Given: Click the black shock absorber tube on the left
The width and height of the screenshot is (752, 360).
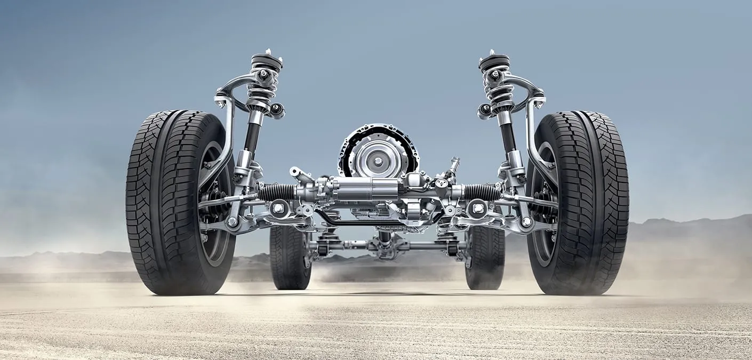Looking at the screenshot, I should (x=252, y=136).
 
